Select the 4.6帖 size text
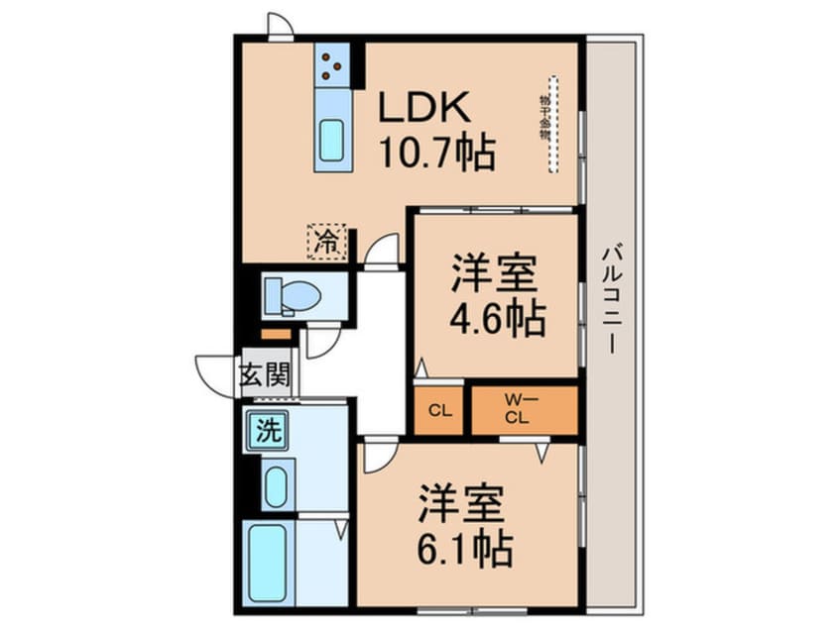(496, 317)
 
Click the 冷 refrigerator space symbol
(326, 240)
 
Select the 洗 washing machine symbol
(267, 431)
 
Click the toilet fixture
(292, 294)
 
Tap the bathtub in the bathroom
(269, 562)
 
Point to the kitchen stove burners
(331, 65)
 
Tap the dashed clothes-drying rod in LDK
(553, 124)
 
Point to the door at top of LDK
(281, 27)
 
